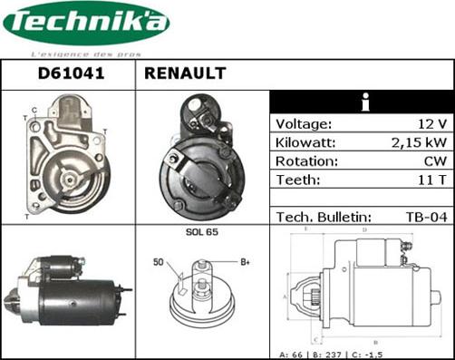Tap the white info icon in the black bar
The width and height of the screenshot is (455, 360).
363,102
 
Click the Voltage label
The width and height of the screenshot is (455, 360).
304,123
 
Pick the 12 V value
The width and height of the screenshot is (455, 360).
434,123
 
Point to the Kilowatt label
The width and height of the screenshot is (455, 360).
306,142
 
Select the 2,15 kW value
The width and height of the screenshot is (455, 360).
420,142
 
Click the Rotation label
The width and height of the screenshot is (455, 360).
306,161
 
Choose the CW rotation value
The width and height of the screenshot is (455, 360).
434,161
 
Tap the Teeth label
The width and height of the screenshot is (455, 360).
297,180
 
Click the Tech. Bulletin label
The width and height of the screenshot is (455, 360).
323,218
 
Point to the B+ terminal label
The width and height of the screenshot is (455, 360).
244,262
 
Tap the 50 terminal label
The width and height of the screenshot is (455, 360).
158,263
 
